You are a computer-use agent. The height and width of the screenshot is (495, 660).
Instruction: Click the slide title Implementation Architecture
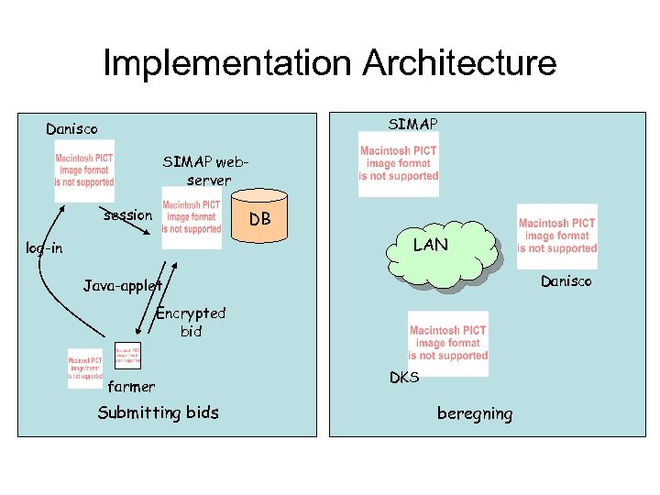click(x=329, y=63)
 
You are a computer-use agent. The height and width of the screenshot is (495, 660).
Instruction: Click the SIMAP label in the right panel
click(x=413, y=124)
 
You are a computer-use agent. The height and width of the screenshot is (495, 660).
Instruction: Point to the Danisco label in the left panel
click(x=71, y=129)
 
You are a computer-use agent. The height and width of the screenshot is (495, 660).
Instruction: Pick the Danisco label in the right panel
click(x=566, y=280)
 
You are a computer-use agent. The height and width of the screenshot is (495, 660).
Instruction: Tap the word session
click(x=127, y=215)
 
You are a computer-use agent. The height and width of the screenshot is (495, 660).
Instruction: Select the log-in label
click(x=44, y=248)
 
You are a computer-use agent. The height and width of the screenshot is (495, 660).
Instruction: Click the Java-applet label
click(x=122, y=286)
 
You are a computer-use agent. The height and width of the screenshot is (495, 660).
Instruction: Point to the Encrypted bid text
click(x=191, y=323)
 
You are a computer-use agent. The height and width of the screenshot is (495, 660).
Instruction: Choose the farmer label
click(x=131, y=386)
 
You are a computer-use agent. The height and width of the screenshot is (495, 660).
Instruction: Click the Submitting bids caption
click(x=159, y=412)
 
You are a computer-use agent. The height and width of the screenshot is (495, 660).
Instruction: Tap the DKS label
click(x=404, y=377)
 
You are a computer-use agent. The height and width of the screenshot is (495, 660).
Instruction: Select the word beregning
click(x=475, y=413)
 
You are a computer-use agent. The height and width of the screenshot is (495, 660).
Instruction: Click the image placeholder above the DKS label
click(x=448, y=343)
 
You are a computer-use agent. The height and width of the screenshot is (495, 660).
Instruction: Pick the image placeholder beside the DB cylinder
click(x=192, y=217)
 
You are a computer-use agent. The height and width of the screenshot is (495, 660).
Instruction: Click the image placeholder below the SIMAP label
click(x=398, y=164)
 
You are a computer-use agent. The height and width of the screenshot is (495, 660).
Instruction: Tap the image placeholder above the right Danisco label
click(x=556, y=236)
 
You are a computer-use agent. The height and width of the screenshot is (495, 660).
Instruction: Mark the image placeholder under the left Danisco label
click(x=84, y=170)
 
